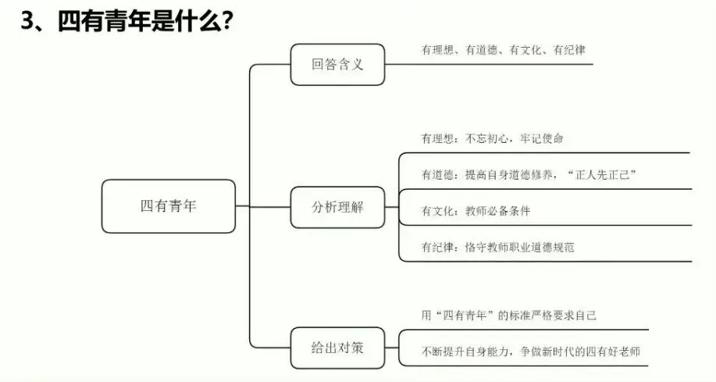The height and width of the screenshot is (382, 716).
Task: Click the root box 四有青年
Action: pyautogui.click(x=169, y=206)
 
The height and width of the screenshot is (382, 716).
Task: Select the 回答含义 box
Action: pyautogui.click(x=337, y=65)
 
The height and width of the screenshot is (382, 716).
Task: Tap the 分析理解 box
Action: pyautogui.click(x=337, y=207)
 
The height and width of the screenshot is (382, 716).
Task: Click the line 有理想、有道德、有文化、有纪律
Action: pyautogui.click(x=503, y=49)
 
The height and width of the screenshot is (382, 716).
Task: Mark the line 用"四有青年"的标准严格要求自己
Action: pyautogui.click(x=509, y=315)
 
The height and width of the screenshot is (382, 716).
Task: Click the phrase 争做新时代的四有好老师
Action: pyautogui.click(x=583, y=351)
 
